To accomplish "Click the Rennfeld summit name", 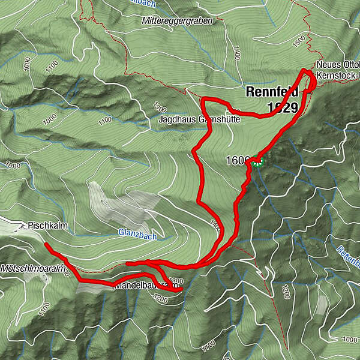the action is pyautogui.click(x=272, y=92).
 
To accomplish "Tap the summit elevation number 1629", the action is pyautogui.click(x=283, y=107).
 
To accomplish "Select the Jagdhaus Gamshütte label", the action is pyautogui.click(x=199, y=119).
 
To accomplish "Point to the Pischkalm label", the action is pyautogui.click(x=42, y=227).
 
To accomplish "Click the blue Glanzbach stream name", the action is pyautogui.click(x=137, y=236).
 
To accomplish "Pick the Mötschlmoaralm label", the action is pyautogui.click(x=32, y=268).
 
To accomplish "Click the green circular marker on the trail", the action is pyautogui.click(x=257, y=160).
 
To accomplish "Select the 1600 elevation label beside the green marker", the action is pyautogui.click(x=238, y=161).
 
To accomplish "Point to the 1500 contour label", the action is pyautogui.click(x=299, y=42).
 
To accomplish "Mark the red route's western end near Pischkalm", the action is pyautogui.click(x=46, y=245).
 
